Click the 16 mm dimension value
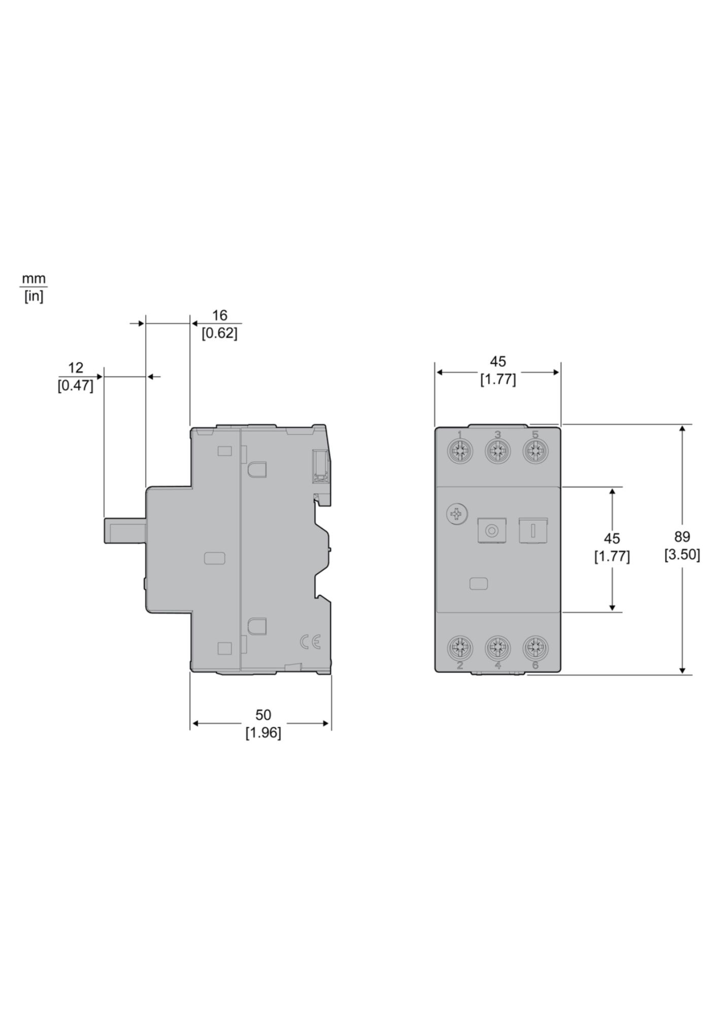point(219,315)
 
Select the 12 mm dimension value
point(76,368)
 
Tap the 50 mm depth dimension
point(263,715)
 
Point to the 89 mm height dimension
point(682,536)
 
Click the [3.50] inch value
point(682,555)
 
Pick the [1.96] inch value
point(263,733)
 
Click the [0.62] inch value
point(219,334)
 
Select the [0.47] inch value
point(76,386)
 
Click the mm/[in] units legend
point(34,288)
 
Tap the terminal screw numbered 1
point(460,451)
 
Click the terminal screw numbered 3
point(498,451)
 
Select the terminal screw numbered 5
point(535,451)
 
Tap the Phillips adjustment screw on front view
point(456,515)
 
